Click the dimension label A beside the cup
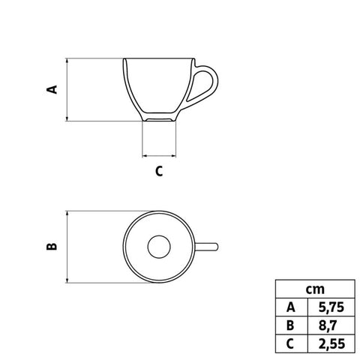(x=52, y=89)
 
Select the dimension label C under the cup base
(x=159, y=171)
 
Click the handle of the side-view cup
(x=205, y=84)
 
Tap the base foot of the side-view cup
(x=159, y=118)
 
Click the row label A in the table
(x=290, y=306)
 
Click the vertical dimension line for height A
(x=68, y=89)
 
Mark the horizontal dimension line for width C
(x=159, y=156)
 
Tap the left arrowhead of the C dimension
(x=145, y=156)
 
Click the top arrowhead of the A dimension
(x=68, y=61)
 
